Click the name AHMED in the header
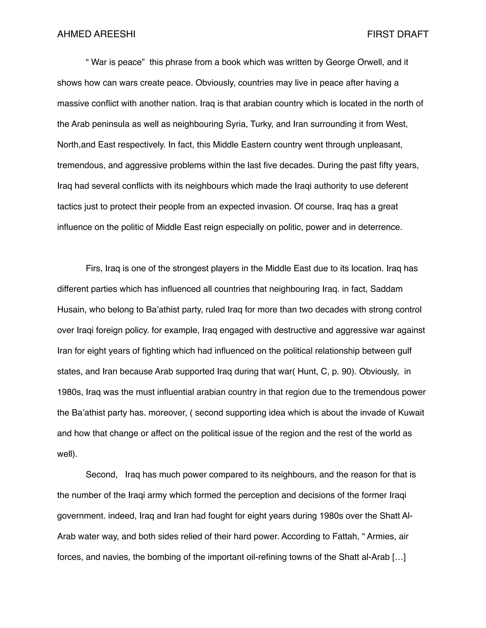coord(74,35)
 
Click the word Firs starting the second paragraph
coord(94,268)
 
